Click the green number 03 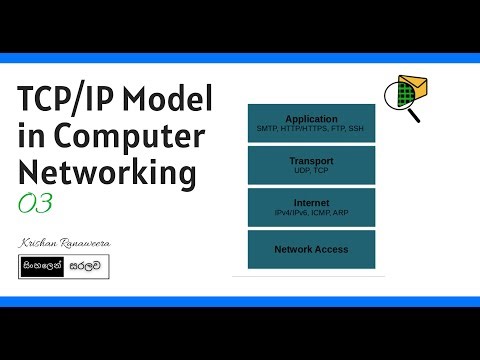(x=35, y=203)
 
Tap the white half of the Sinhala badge (x=87, y=267)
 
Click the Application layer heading (x=311, y=118)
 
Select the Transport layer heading (x=311, y=160)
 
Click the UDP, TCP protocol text (x=311, y=170)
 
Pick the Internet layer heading (x=311, y=202)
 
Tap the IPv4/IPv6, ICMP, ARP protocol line (x=311, y=212)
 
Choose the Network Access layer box (x=311, y=248)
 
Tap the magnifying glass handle (x=413, y=115)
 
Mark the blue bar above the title (x=240, y=58)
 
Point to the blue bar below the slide (x=240, y=301)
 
